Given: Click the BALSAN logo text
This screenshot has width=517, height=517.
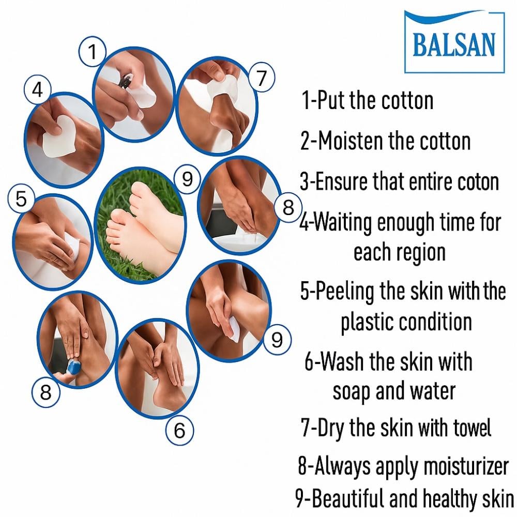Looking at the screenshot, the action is tap(454, 44).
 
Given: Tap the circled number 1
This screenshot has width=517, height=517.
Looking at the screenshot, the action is tap(93, 51).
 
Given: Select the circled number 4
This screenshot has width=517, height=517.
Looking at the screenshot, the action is tap(38, 89).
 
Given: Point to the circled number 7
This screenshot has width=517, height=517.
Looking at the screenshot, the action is tap(261, 78).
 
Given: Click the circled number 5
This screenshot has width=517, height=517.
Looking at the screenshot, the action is tap(21, 199).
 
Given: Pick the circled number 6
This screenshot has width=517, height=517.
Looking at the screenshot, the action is tap(179, 430).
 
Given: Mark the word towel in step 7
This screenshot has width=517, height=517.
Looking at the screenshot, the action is tap(472, 428).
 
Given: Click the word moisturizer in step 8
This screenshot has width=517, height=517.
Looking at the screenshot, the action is tap(466, 466).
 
